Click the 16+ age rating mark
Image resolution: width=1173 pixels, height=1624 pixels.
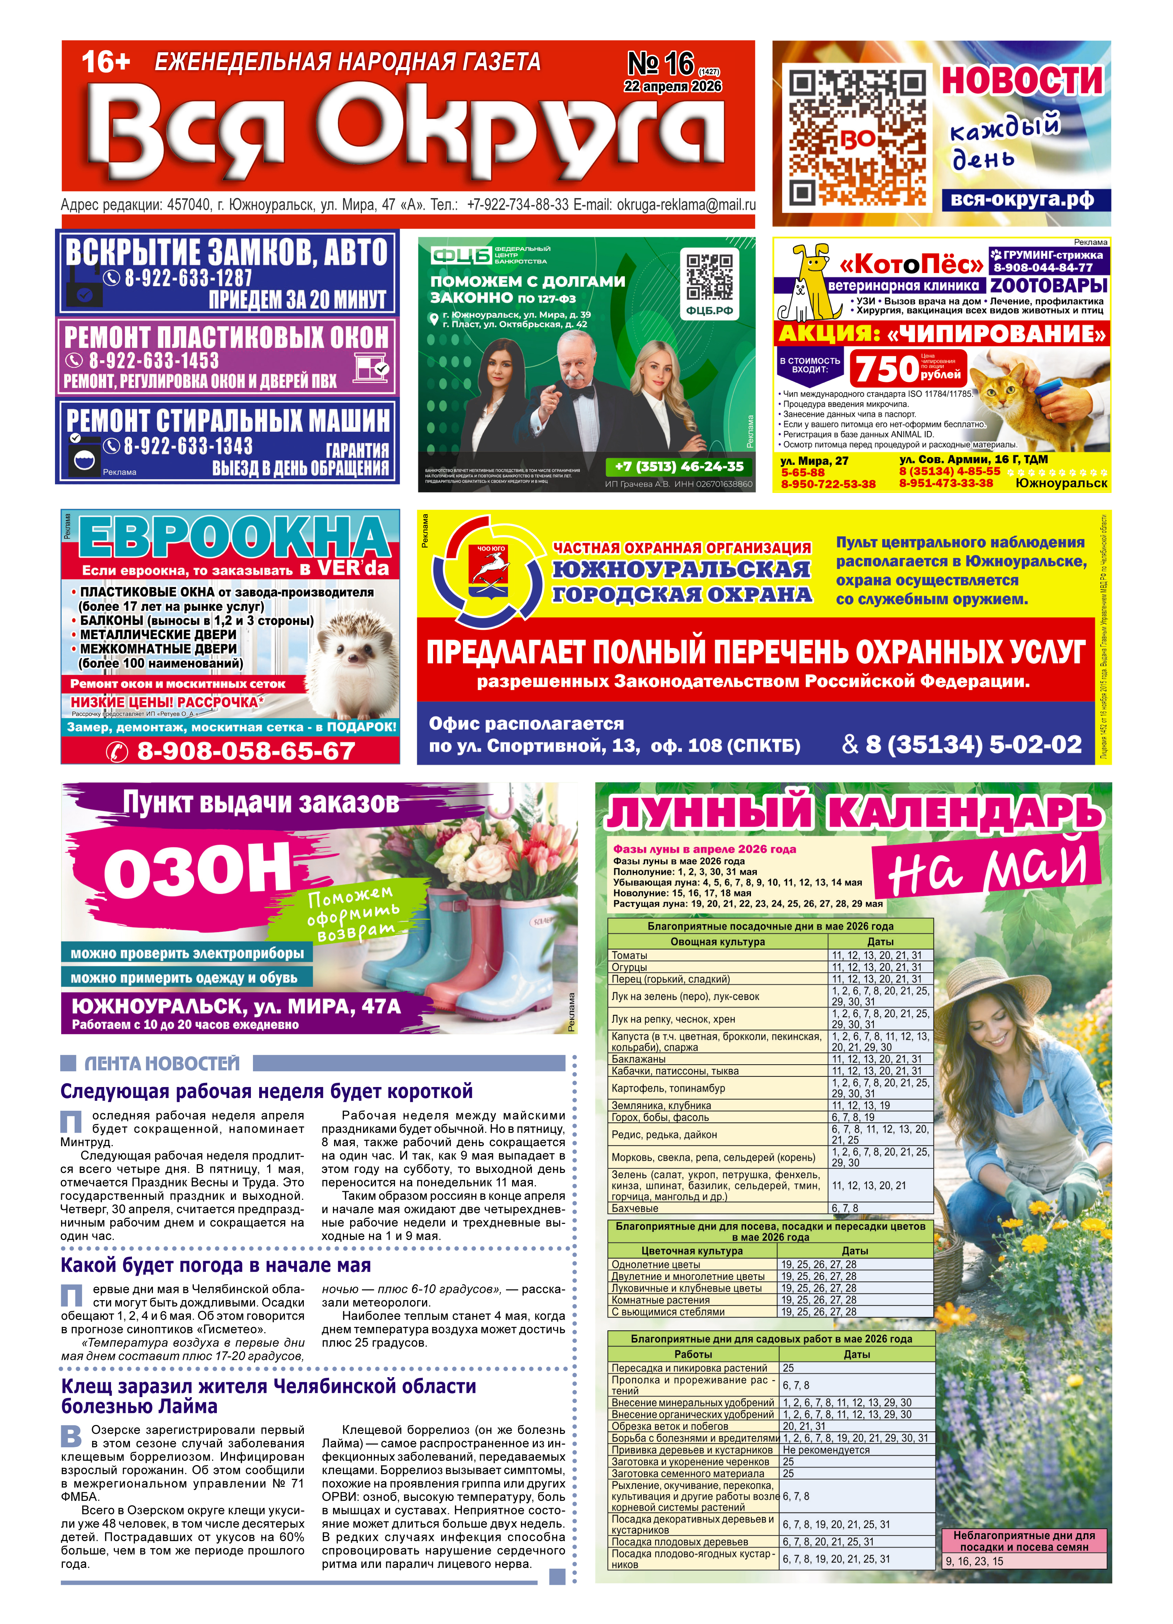pyautogui.click(x=106, y=62)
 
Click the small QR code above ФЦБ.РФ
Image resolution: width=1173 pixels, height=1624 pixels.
pyautogui.click(x=709, y=276)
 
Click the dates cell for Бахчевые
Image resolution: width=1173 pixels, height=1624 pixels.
pyautogui.click(x=880, y=1208)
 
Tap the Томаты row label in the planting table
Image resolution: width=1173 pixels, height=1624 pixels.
pyautogui.click(x=630, y=955)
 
